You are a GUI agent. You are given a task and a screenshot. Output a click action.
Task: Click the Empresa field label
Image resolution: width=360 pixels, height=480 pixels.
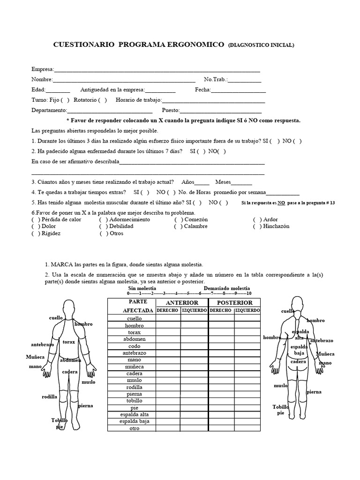click(42, 69)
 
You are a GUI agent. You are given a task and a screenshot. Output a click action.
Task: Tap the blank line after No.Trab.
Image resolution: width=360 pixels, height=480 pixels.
click(245, 80)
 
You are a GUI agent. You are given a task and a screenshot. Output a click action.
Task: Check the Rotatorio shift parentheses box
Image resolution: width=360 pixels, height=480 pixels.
click(102, 100)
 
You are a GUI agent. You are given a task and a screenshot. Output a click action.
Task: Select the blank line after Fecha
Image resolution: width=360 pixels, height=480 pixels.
click(239, 90)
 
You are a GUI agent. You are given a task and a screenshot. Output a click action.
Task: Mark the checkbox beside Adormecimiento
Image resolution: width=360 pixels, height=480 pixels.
click(103, 219)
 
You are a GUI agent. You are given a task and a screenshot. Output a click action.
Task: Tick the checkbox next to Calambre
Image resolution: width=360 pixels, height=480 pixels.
click(179, 226)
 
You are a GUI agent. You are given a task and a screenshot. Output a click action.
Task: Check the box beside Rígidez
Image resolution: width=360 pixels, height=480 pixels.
click(36, 233)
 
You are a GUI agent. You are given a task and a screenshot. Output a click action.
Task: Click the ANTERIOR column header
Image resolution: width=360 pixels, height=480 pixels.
click(182, 303)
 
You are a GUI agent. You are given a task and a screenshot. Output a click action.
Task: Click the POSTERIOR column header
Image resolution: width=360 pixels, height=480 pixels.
click(234, 303)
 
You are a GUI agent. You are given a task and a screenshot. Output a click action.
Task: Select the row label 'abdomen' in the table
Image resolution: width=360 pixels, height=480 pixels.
click(134, 339)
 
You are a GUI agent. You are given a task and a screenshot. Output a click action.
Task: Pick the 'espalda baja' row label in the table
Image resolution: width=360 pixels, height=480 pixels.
click(134, 421)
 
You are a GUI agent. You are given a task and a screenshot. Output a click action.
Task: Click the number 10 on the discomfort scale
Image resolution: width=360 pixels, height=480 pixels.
click(248, 293)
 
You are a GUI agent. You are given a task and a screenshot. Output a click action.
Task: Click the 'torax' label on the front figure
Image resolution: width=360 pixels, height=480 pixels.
click(68, 342)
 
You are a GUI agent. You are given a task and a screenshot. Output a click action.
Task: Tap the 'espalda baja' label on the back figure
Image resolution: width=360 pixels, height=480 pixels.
click(300, 350)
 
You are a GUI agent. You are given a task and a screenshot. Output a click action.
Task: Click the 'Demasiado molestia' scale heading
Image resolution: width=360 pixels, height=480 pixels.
click(227, 288)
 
